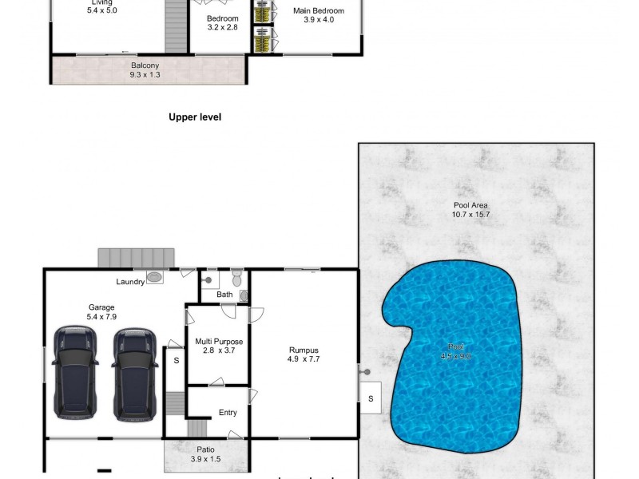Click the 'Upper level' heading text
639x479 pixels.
click(x=194, y=117)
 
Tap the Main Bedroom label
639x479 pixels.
click(x=318, y=15)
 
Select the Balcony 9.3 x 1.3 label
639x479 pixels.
click(x=145, y=70)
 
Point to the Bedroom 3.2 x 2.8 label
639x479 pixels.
click(x=222, y=22)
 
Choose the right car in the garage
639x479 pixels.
click(x=134, y=373)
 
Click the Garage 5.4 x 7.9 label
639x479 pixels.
click(x=101, y=311)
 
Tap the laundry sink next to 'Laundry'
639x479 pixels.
click(x=155, y=278)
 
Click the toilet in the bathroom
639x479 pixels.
click(x=236, y=279)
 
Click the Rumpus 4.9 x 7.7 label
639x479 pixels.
click(x=304, y=354)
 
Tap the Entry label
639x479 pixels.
click(x=228, y=413)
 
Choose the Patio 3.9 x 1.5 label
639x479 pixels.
click(x=206, y=455)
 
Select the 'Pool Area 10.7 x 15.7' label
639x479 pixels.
click(x=470, y=209)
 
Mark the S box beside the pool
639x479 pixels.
click(x=370, y=397)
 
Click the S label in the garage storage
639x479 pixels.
click(x=176, y=361)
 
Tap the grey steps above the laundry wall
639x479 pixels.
click(x=136, y=258)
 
